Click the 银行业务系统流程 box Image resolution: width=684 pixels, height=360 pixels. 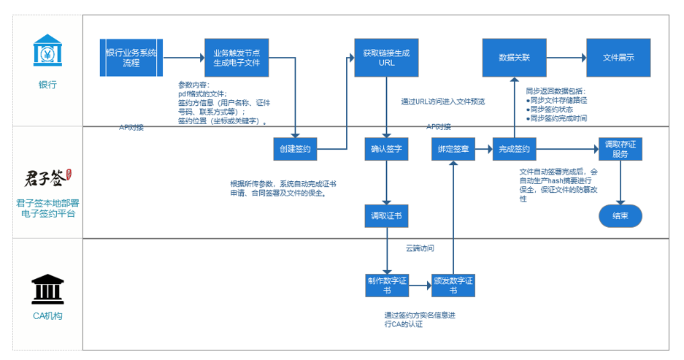click(x=131, y=57)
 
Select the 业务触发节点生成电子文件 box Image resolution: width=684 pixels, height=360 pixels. click(x=237, y=57)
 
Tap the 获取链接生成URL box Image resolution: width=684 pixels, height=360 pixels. click(x=386, y=57)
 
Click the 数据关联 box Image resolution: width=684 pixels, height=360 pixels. click(x=514, y=57)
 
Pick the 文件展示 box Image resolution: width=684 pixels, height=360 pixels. click(x=618, y=57)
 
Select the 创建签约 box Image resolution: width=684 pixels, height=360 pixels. click(x=295, y=149)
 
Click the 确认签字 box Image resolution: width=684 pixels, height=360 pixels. click(x=387, y=149)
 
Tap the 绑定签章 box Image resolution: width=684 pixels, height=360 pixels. click(x=453, y=149)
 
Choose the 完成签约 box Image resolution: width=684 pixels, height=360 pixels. click(x=514, y=149)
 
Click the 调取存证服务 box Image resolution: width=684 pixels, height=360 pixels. click(x=620, y=149)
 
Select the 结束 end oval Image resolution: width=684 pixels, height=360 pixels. click(x=620, y=216)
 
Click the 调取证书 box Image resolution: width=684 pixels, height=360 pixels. click(x=387, y=216)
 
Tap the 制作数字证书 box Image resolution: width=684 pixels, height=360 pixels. click(x=387, y=286)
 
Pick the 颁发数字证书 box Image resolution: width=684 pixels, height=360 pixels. click(x=453, y=286)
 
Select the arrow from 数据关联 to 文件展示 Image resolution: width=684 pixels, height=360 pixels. click(x=565, y=57)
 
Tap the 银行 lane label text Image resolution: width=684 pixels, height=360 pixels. click(x=47, y=85)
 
